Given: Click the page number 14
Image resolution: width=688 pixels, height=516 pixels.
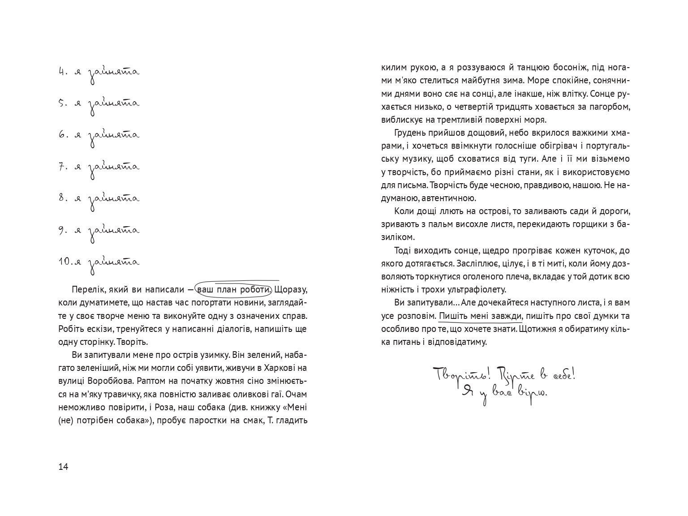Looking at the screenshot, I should click(63, 467).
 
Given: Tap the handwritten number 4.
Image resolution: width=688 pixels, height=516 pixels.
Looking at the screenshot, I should click(62, 72).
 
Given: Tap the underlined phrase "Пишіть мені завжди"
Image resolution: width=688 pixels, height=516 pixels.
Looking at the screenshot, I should click(480, 316).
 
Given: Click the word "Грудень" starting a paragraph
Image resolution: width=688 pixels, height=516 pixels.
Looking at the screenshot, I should click(410, 133).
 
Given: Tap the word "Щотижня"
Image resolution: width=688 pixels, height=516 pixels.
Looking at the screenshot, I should click(540, 329).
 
